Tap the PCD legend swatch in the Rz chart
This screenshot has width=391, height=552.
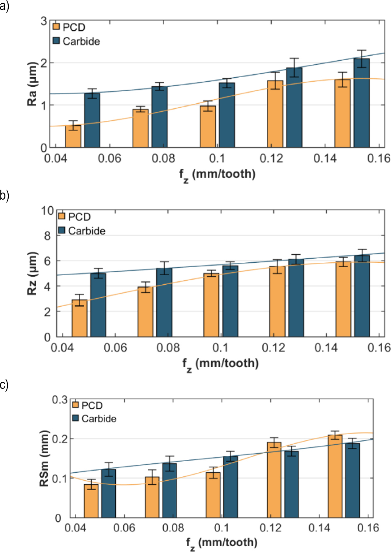coord(62,217)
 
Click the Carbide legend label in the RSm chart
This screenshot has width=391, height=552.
coord(99,418)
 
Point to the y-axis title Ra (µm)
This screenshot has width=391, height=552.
coord(32,84)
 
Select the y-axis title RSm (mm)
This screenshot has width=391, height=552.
coord(44,458)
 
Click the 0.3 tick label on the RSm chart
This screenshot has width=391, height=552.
coord(59,400)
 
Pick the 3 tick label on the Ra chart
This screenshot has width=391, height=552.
coord(44,21)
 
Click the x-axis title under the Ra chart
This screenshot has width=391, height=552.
coord(217,174)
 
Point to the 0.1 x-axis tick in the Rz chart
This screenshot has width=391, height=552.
coord(220,347)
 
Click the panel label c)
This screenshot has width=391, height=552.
coord(4,385)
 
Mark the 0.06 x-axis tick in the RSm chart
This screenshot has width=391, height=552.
coord(124,528)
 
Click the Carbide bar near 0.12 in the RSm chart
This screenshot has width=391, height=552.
coord(291,484)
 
